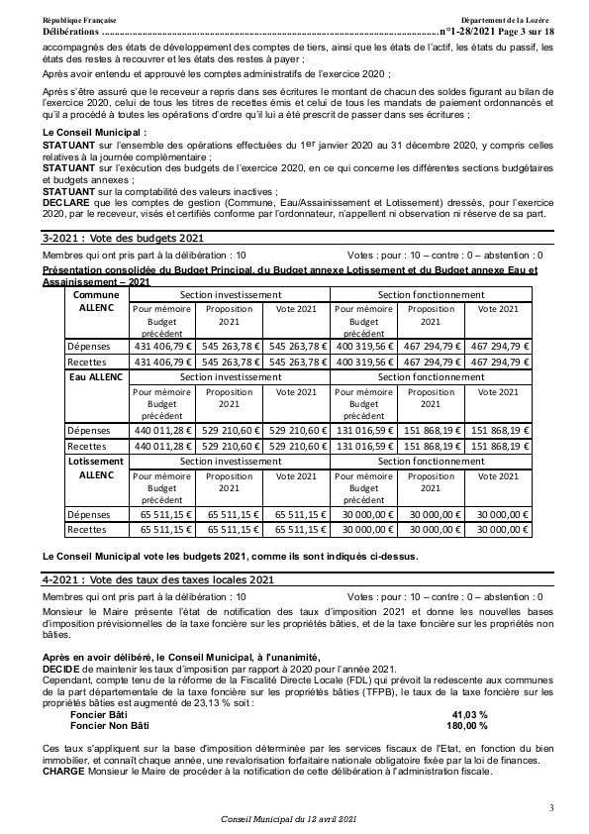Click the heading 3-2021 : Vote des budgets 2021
[124, 240]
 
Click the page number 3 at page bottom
[550, 809]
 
